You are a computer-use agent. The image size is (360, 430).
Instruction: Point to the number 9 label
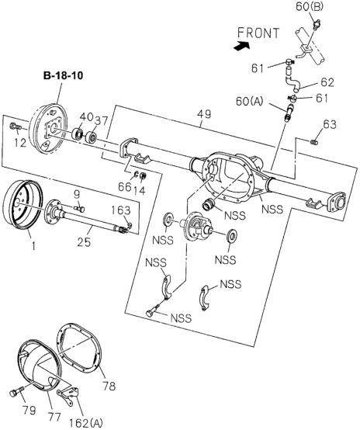click(77, 194)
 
